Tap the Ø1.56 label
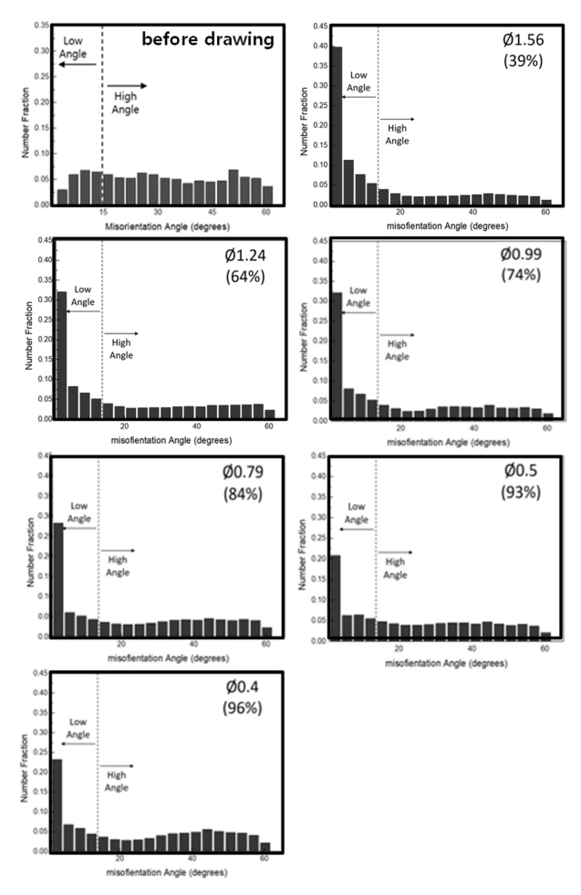(523, 40)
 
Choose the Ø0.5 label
(523, 472)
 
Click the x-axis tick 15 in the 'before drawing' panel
(103, 213)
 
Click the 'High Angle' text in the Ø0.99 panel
(396, 350)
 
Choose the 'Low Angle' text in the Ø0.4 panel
(79, 728)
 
